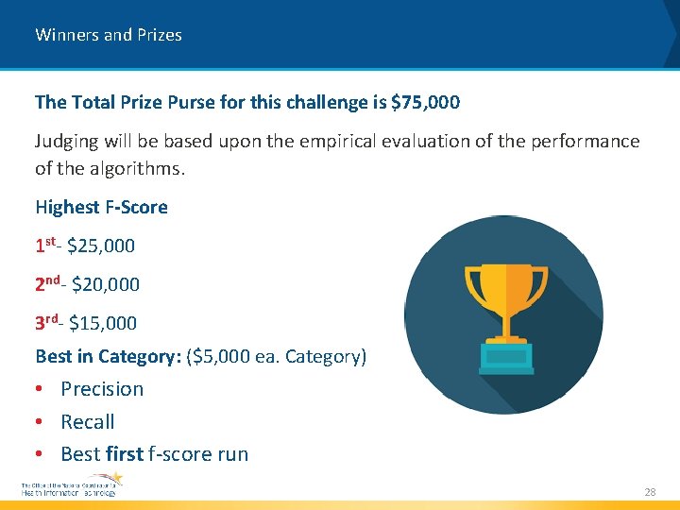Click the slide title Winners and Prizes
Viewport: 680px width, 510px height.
coord(109,35)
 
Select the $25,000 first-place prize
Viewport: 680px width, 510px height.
coord(101,246)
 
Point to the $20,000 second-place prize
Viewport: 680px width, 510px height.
coord(106,284)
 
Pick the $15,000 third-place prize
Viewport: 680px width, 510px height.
coord(103,323)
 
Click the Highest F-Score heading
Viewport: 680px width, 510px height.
coord(101,207)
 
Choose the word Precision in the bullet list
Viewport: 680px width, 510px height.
coord(102,389)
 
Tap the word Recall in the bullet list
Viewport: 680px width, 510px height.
coord(88,421)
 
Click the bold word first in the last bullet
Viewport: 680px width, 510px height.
coord(125,454)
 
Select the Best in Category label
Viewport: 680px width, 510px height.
coord(108,357)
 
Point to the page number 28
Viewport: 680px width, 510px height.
coord(650,492)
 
